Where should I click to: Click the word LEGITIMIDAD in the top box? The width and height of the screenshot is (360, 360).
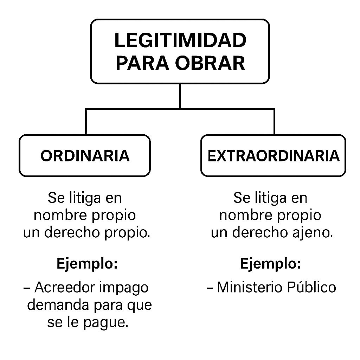[180, 40]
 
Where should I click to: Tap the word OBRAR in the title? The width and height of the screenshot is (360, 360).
[210, 63]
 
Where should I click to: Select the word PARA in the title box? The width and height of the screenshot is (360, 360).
[143, 63]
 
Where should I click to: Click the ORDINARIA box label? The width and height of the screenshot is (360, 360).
[85, 156]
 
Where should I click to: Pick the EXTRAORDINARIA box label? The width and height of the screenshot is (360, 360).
[274, 156]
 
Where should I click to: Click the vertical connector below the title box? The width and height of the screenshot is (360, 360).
[180, 96]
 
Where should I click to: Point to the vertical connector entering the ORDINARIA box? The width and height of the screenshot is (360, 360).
[86, 122]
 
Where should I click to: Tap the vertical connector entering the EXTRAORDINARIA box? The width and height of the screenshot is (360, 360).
[274, 122]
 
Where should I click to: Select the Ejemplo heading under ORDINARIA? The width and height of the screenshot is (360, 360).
[87, 264]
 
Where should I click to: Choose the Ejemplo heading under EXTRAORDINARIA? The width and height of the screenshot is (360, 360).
[270, 264]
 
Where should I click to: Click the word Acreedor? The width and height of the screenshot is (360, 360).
[65, 287]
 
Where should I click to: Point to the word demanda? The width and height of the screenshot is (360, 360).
[59, 305]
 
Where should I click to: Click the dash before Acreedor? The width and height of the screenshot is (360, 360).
[27, 288]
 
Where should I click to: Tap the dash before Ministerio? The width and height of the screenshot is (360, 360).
[210, 288]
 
